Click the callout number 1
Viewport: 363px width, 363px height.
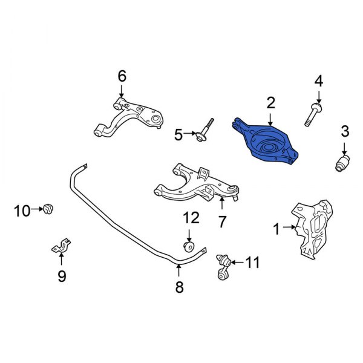(x=276, y=229)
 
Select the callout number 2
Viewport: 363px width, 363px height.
(x=270, y=102)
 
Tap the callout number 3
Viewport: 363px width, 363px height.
(x=344, y=131)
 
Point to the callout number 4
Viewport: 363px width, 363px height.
(x=319, y=80)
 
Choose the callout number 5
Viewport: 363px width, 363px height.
(x=178, y=135)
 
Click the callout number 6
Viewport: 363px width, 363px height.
(x=121, y=76)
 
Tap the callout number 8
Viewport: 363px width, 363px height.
(x=179, y=288)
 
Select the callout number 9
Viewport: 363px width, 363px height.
(x=61, y=276)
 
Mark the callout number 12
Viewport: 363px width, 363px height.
(x=191, y=217)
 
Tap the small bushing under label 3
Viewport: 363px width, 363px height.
(x=343, y=162)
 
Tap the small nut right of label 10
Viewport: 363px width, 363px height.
(x=48, y=210)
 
